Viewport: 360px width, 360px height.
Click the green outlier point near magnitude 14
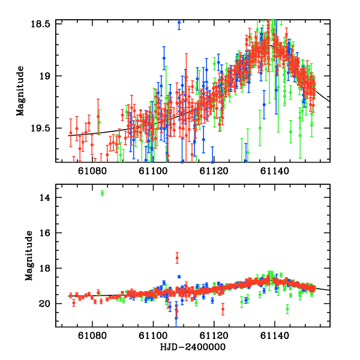coord(103,193)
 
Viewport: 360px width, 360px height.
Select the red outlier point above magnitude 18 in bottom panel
coord(177,258)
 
